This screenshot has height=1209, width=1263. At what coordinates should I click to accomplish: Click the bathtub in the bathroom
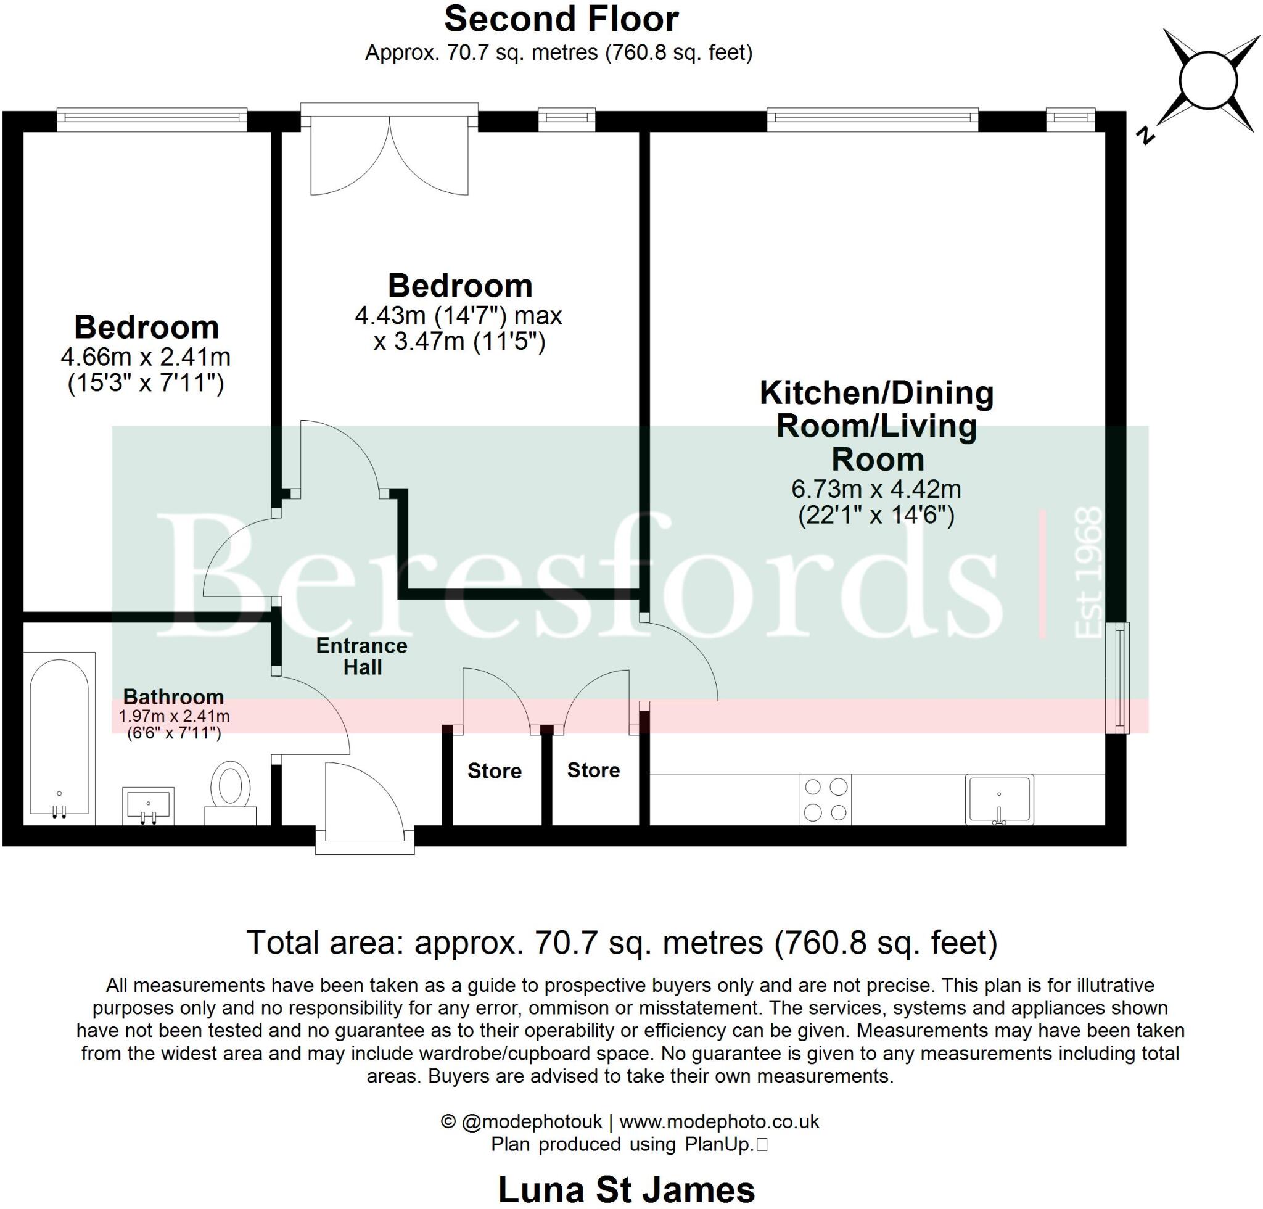[x=59, y=738]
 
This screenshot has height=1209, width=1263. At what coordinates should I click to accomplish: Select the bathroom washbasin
[x=148, y=806]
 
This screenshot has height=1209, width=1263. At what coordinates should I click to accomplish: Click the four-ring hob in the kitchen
[x=826, y=800]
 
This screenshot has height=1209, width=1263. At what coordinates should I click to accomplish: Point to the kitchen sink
[x=999, y=800]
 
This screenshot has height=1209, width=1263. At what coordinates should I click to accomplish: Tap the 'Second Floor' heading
[x=561, y=19]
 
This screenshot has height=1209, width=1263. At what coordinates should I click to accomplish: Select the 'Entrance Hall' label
[x=361, y=656]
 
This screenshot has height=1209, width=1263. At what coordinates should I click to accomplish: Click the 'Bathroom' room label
[x=173, y=696]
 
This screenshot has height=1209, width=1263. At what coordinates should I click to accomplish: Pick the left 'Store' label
[x=494, y=771]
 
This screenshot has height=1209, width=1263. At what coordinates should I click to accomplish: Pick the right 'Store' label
[x=593, y=770]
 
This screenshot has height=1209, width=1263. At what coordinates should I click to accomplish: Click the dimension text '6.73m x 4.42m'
[x=876, y=489]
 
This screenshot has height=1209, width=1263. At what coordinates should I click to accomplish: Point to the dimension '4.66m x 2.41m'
[x=146, y=357]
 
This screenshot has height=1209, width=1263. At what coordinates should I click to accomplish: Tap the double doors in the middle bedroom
[x=389, y=155]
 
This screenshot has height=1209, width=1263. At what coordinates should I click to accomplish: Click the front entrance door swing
[x=364, y=799]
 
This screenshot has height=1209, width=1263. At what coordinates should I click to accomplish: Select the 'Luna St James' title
[x=626, y=1190]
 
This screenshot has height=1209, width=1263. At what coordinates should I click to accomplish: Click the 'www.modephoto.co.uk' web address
[x=719, y=1122]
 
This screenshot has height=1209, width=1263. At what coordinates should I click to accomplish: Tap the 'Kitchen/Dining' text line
[x=876, y=393]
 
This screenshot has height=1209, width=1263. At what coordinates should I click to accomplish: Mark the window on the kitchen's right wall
[x=1122, y=677]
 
